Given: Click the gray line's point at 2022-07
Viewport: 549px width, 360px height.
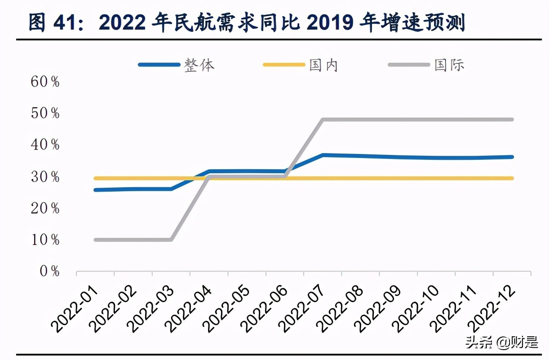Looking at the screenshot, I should (323, 120).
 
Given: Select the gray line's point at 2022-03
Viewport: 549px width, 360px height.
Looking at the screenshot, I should (171, 240).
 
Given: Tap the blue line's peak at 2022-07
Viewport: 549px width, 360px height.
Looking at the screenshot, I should (323, 155).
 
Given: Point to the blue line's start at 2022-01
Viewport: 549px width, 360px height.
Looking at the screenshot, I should (96, 190).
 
